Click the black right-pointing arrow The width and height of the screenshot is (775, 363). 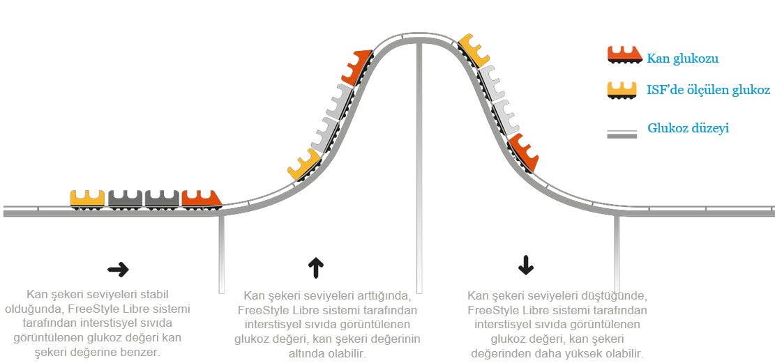(118, 270)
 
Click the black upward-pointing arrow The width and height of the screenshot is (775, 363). (315, 266)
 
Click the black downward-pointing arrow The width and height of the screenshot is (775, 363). (525, 264)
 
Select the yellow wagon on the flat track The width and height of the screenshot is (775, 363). (87, 199)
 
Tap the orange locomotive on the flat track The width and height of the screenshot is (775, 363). (201, 199)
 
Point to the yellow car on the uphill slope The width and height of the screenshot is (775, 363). (304, 164)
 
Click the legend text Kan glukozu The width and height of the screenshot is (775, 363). (682, 59)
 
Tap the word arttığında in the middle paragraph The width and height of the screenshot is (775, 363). (377, 296)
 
